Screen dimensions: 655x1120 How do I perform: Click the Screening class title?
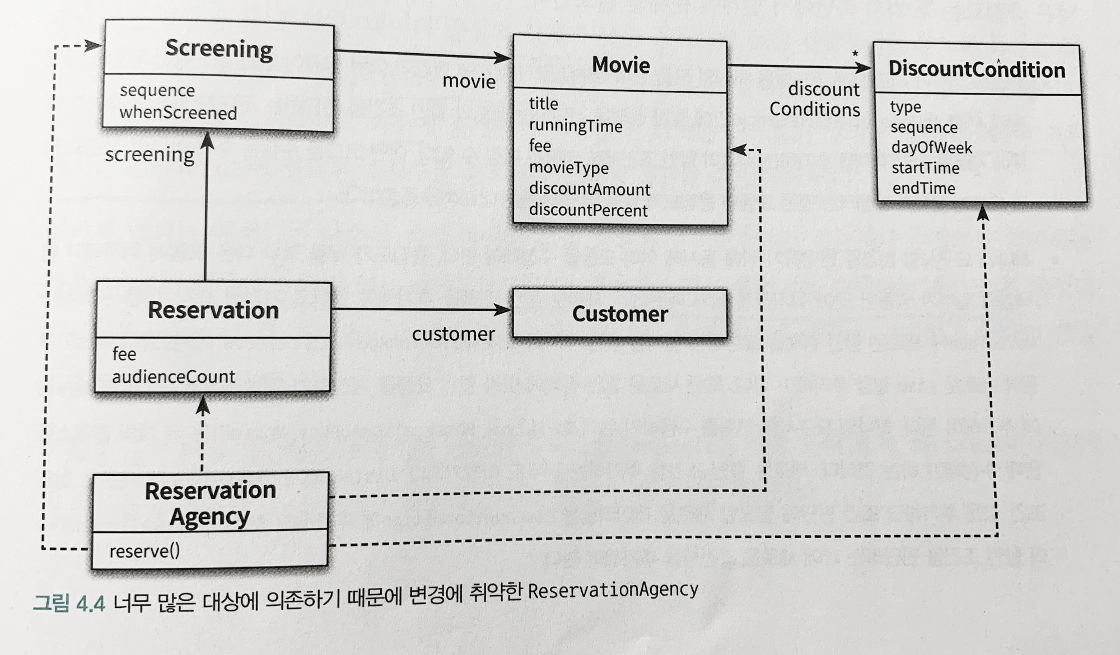click(219, 49)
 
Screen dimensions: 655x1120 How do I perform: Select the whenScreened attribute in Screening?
click(178, 113)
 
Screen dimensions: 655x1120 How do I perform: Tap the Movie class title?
click(620, 65)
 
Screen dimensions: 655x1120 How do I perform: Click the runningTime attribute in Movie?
click(576, 126)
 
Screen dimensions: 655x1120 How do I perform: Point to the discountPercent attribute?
click(588, 210)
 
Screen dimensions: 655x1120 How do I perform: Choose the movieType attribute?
click(568, 167)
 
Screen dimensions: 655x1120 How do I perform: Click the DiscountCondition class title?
click(977, 69)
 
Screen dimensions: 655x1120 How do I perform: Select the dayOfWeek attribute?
click(931, 147)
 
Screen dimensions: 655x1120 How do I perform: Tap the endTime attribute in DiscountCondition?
click(923, 188)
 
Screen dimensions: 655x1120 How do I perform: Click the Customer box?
click(620, 314)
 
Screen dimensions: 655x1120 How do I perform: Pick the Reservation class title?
click(213, 310)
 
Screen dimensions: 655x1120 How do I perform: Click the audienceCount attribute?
click(174, 377)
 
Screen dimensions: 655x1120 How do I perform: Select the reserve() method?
click(144, 551)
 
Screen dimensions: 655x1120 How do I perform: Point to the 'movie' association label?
click(469, 82)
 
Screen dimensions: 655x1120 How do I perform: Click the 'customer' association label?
click(453, 334)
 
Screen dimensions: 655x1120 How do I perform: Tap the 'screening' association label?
click(150, 155)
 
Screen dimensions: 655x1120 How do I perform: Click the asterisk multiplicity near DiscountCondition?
click(855, 54)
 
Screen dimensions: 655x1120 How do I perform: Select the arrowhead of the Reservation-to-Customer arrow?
click(503, 310)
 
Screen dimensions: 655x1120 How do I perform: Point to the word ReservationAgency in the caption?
click(613, 590)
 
